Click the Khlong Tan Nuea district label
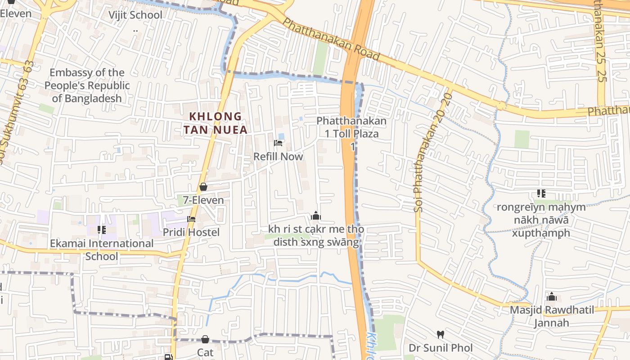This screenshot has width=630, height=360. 216,123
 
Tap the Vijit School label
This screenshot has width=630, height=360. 135,15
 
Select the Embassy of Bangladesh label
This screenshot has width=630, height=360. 86,85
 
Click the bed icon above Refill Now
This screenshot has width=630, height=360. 278,143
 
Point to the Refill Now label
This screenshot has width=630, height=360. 278,157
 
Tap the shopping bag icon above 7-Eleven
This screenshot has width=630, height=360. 203,187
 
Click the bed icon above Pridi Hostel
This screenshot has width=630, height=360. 191,219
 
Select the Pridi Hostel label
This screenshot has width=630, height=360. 191,232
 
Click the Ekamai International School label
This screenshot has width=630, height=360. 102,250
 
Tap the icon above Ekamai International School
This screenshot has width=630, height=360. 102,230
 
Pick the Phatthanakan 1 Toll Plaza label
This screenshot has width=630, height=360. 352,127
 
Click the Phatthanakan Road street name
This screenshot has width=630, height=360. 332,40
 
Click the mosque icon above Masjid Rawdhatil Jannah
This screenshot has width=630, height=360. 552,297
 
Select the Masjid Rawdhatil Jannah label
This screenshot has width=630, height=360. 552,316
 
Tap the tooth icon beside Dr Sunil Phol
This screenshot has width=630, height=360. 441,335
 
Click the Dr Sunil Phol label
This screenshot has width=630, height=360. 441,348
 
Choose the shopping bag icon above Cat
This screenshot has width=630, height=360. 205,339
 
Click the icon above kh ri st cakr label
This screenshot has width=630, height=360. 316,216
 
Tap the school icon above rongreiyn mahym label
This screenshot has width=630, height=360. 541,194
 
